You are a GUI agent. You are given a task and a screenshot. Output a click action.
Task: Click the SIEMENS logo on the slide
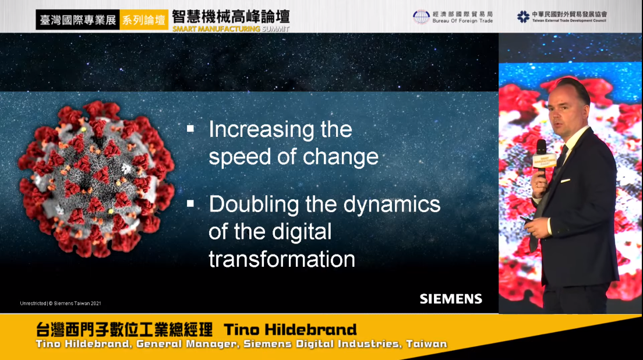point(451,299)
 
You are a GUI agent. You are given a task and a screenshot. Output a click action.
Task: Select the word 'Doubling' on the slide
point(254,205)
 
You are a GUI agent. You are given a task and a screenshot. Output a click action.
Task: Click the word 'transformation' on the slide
point(282,259)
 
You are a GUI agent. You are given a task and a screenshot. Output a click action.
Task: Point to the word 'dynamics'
point(391,205)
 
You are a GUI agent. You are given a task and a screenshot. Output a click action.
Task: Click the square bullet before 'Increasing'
point(190,128)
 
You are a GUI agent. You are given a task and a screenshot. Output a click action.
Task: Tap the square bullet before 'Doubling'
point(190,203)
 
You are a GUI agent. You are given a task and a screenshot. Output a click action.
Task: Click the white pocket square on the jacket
point(566,181)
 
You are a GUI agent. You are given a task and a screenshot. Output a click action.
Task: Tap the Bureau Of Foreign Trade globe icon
point(421,17)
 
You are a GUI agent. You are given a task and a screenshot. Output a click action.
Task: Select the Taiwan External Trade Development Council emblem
point(523,17)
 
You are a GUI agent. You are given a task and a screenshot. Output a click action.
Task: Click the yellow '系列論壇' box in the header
point(144,20)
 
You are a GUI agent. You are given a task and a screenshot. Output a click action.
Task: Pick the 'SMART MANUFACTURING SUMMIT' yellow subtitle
point(231,29)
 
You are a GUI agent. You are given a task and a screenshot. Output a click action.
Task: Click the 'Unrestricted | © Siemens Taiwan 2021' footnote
point(61,303)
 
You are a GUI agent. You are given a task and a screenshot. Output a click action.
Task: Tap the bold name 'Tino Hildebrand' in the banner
point(290,330)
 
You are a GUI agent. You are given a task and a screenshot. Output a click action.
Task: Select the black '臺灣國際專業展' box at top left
point(78,20)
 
